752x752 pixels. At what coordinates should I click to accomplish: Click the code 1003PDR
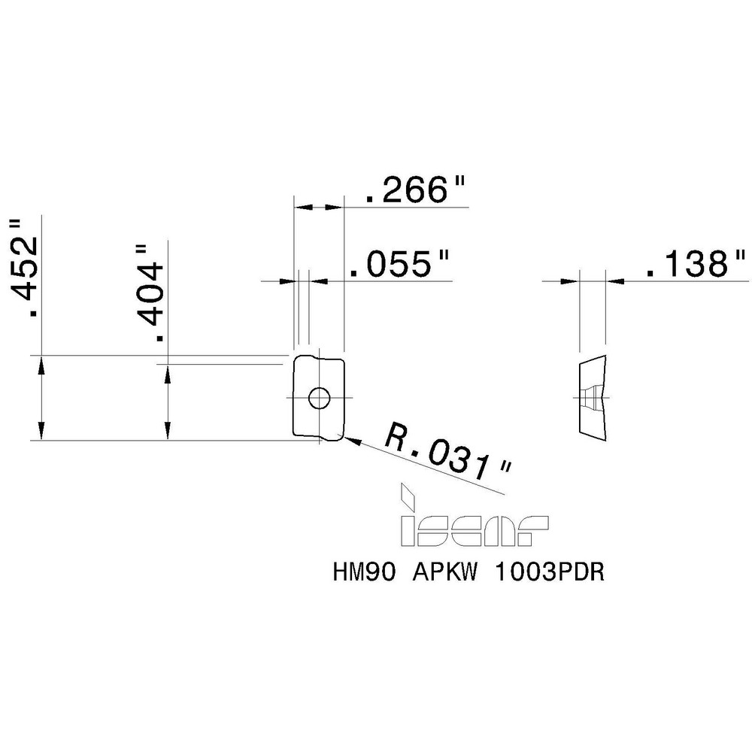[550, 574]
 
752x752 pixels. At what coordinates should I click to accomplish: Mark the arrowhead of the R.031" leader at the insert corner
[350, 441]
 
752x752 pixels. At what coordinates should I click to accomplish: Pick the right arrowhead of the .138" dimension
[616, 280]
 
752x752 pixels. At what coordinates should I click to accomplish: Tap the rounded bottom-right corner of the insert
[340, 436]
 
